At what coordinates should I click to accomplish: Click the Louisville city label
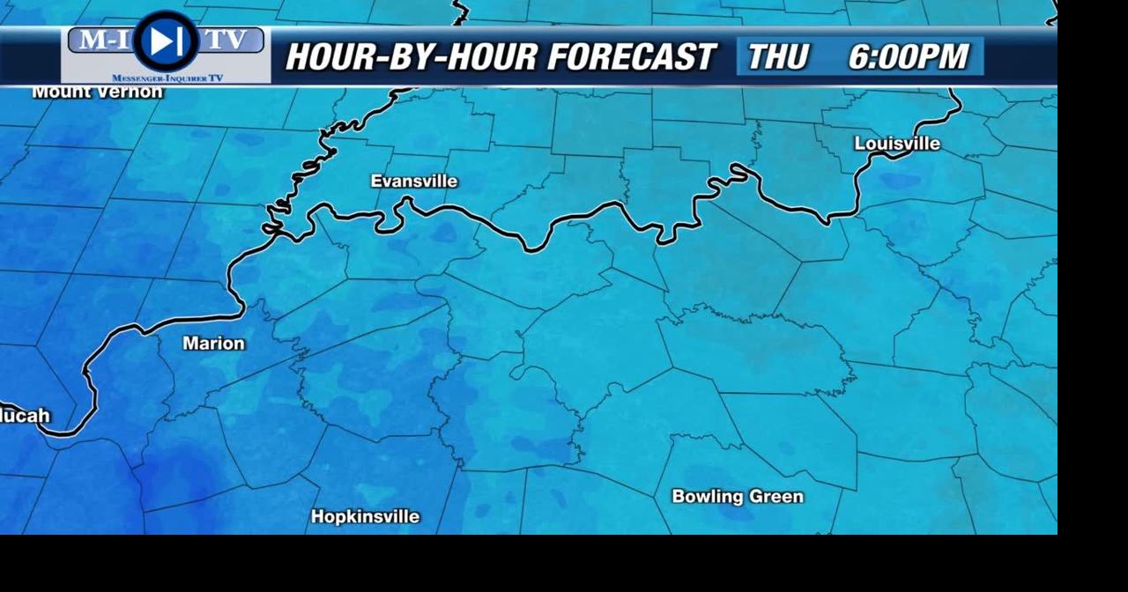click(x=897, y=144)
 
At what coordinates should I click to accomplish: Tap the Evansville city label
click(x=414, y=181)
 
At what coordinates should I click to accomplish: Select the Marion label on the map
click(x=213, y=344)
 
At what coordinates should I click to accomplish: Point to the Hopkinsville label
click(x=365, y=517)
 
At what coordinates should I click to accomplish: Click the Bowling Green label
click(x=738, y=497)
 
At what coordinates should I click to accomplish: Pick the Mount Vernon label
click(x=97, y=92)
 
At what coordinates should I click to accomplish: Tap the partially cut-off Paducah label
click(x=25, y=416)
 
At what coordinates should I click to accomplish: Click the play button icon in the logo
click(x=166, y=41)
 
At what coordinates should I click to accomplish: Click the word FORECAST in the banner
click(x=631, y=57)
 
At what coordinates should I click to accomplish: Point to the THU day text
click(x=777, y=57)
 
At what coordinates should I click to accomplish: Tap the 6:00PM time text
click(x=909, y=57)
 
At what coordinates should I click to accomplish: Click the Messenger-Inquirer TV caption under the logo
click(x=167, y=78)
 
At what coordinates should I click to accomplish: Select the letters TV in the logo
click(x=226, y=41)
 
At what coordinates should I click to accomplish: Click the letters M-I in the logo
click(x=100, y=41)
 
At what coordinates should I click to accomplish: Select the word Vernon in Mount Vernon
click(x=133, y=92)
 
